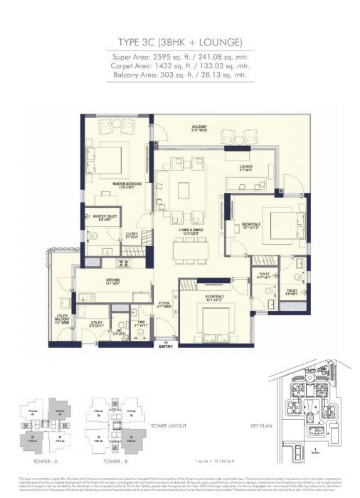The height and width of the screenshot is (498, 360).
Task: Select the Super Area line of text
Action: click(x=180, y=55)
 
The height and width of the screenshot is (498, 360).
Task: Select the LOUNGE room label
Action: click(x=245, y=169)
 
